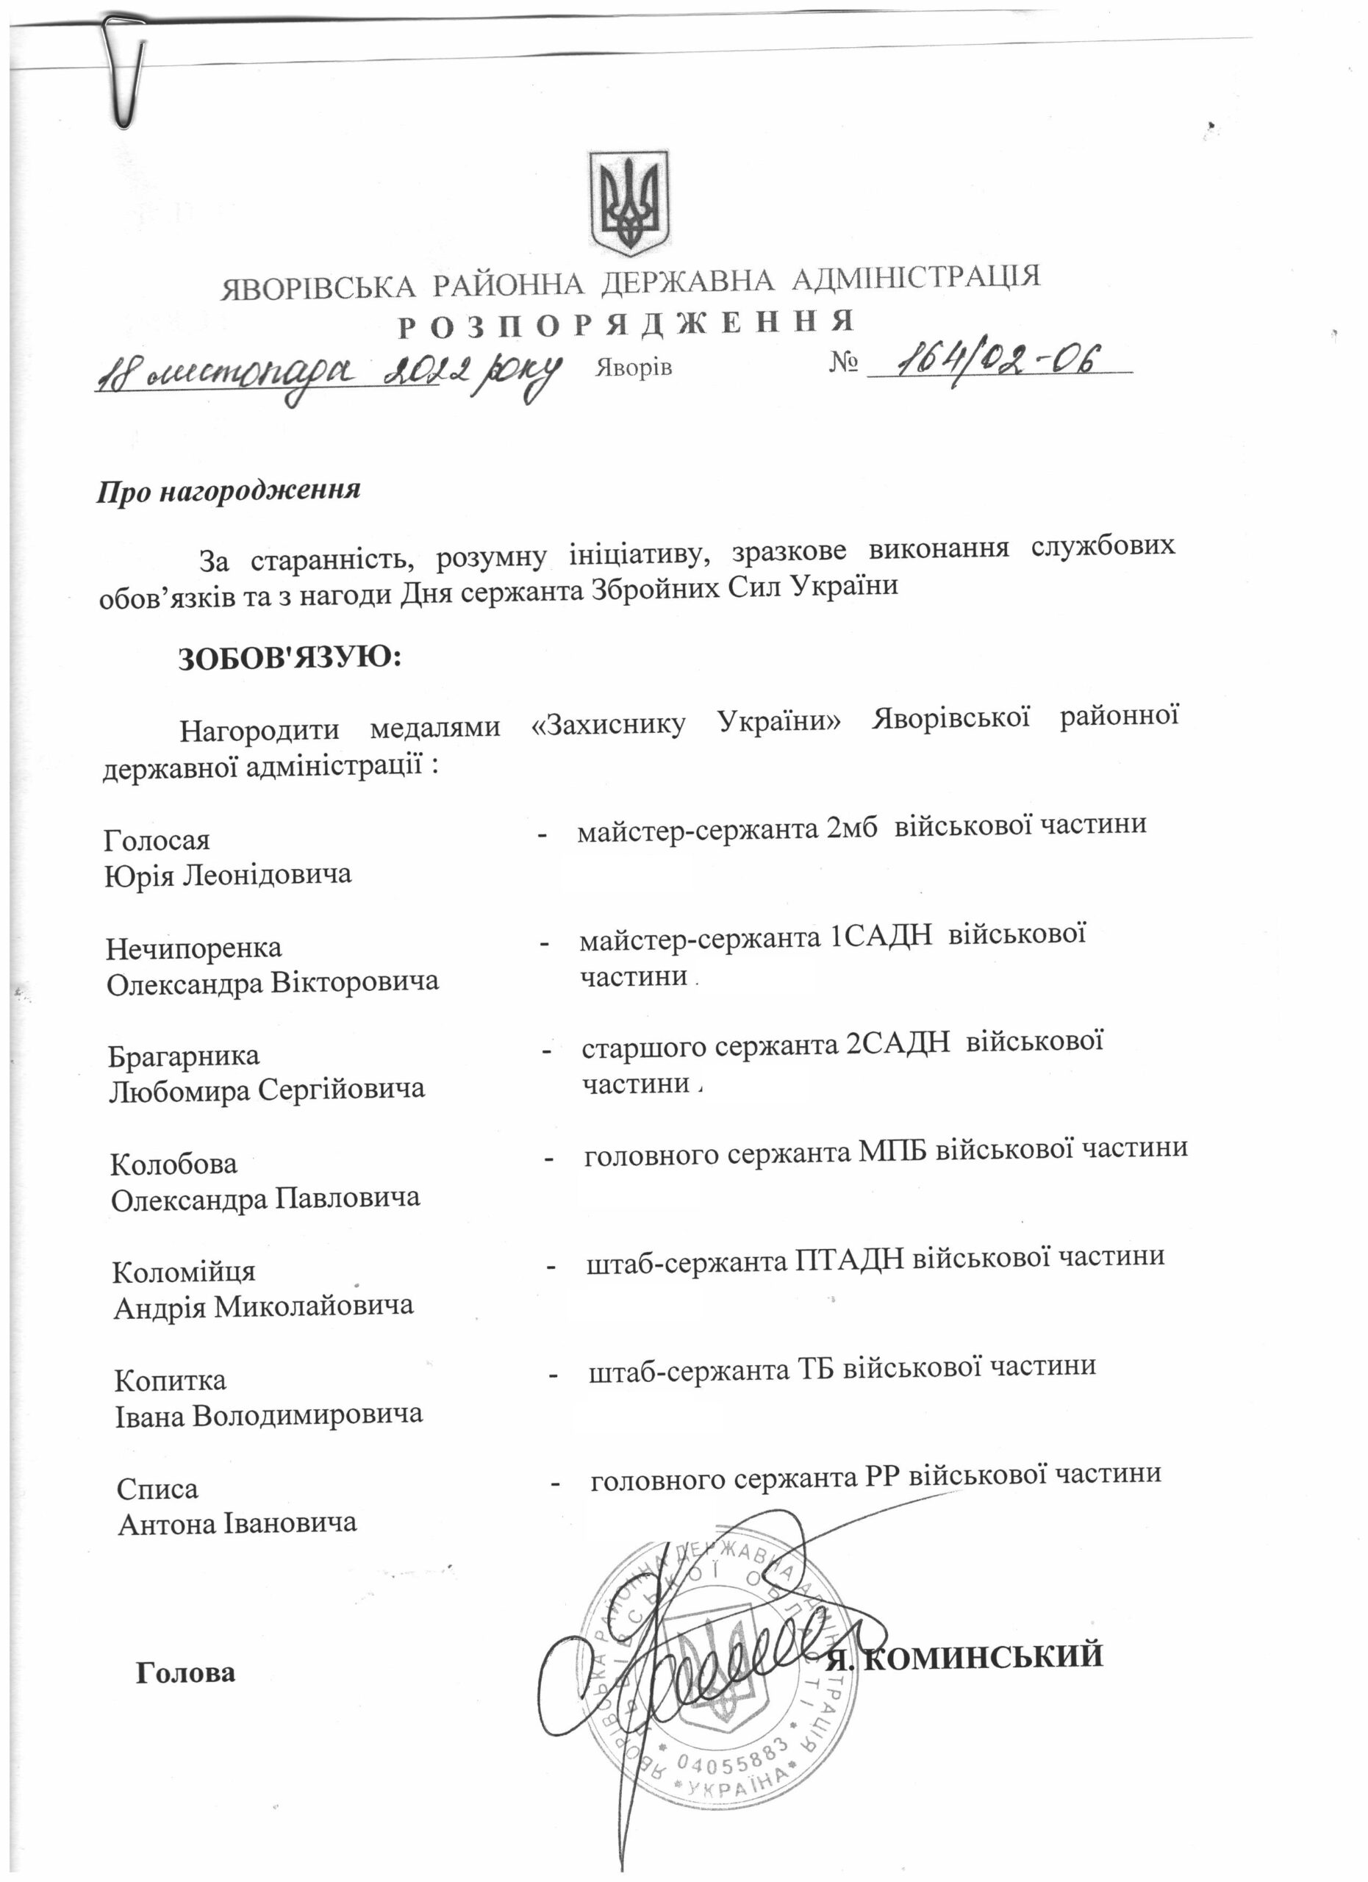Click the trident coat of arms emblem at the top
[628, 204]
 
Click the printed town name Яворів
[633, 368]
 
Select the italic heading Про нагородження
[229, 490]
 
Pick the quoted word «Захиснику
[607, 723]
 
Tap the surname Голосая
[157, 840]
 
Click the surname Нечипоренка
[194, 948]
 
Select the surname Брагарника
[185, 1056]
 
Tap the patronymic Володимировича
[308, 1414]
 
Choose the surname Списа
[157, 1489]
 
